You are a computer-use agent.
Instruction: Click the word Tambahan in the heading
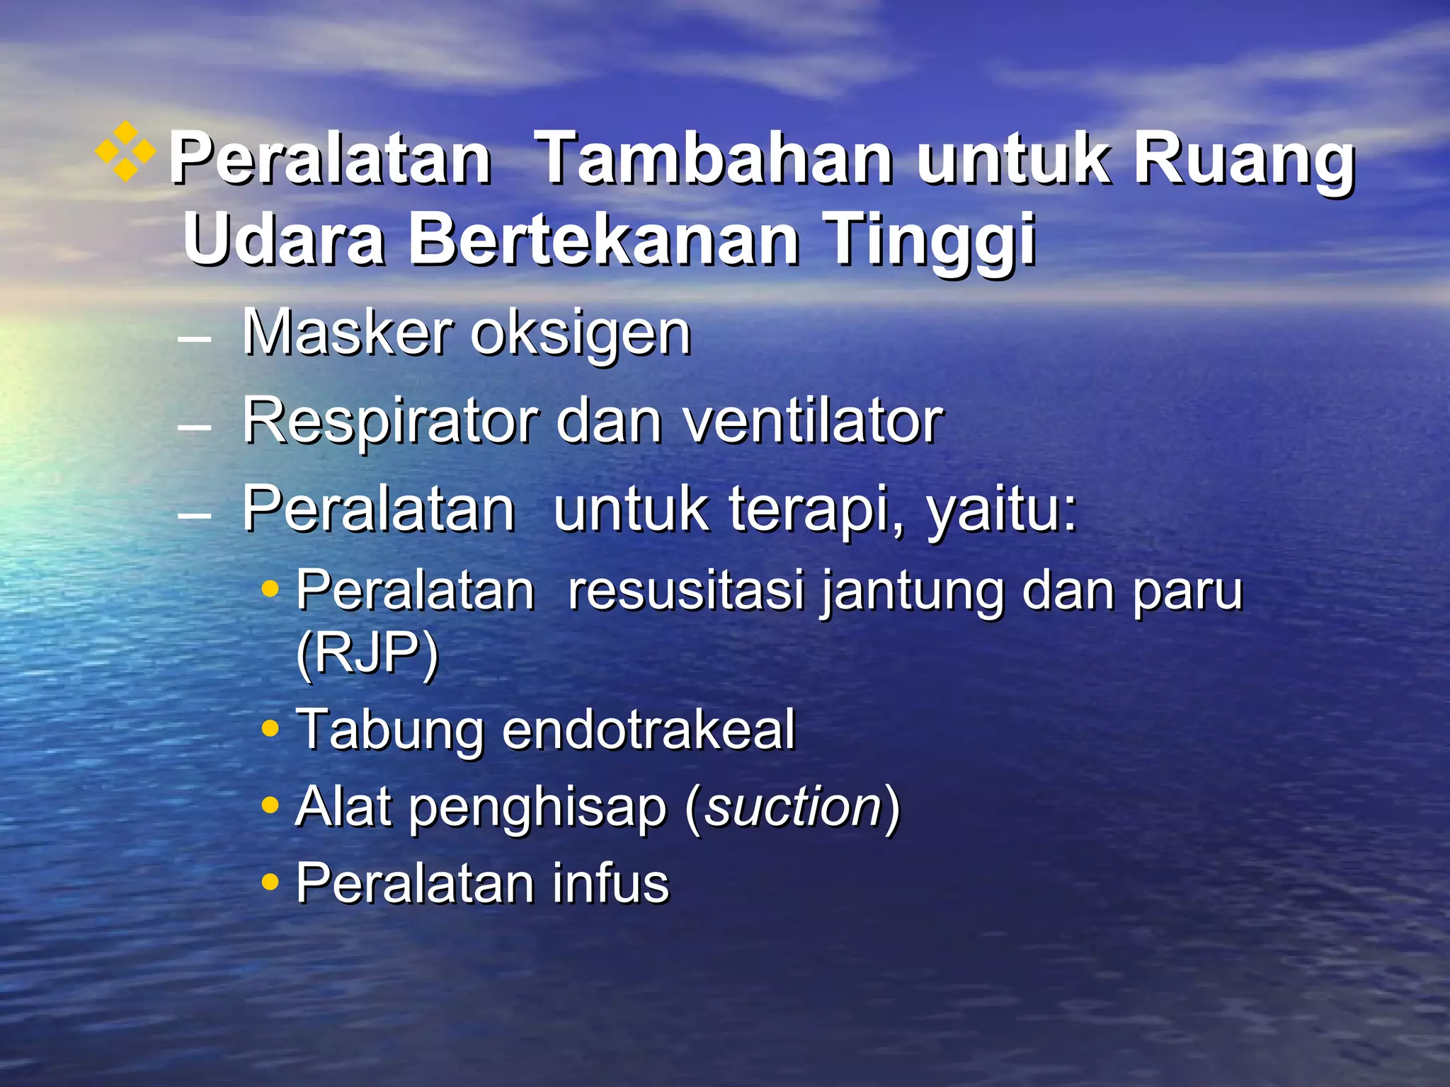(714, 160)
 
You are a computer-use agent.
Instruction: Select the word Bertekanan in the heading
(605, 241)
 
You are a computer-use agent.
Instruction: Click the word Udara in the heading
(284, 241)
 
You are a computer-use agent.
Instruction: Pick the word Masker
(347, 333)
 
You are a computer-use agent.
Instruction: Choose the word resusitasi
(686, 590)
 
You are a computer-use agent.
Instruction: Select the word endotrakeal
(649, 729)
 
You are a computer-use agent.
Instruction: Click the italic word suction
(793, 807)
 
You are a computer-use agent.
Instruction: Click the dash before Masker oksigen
(195, 340)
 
